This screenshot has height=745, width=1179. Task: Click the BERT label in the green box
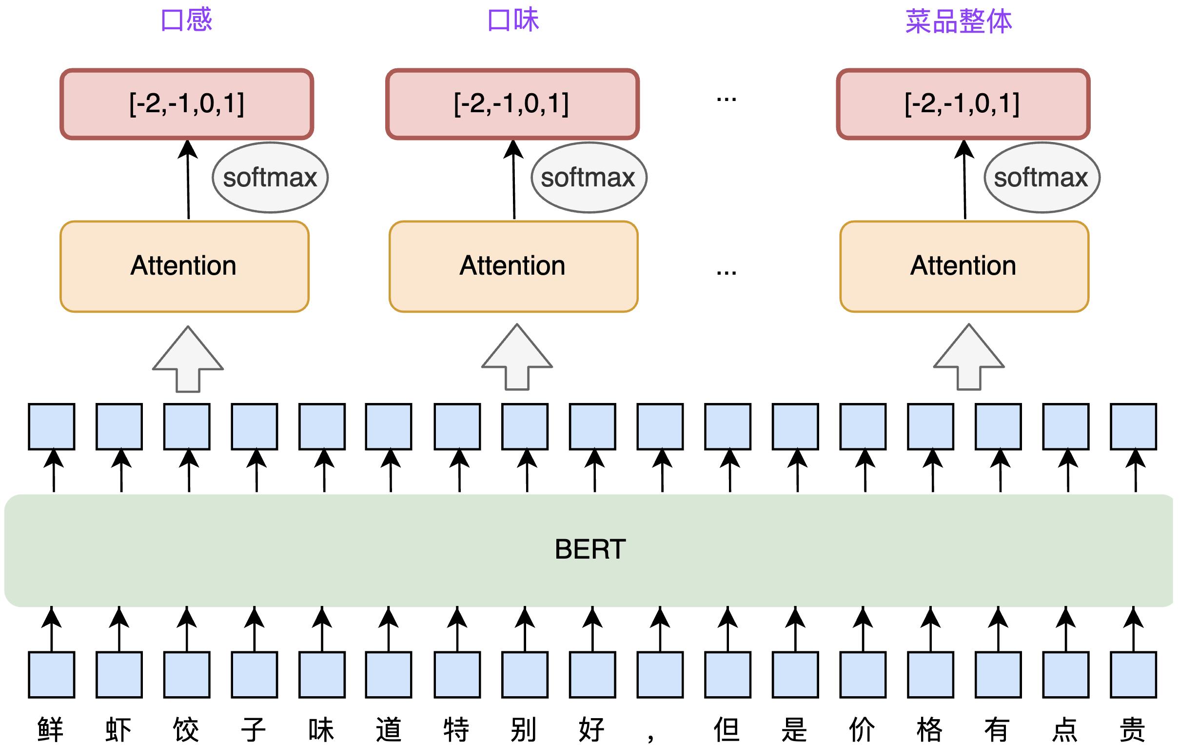pos(590,549)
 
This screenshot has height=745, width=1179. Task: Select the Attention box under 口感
pos(184,266)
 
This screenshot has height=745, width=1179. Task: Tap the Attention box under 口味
pos(513,266)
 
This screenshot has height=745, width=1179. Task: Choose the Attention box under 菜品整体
pos(963,266)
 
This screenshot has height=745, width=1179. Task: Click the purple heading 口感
pos(186,20)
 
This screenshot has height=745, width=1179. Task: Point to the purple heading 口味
pos(513,20)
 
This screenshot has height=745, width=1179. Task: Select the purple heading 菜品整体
pos(958,21)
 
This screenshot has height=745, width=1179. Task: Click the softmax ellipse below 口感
pos(270,177)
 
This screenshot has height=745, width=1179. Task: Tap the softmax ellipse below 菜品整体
pos(1041,177)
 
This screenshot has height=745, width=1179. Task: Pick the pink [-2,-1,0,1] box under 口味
pos(512,104)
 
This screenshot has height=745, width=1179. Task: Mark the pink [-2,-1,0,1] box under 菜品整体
pos(963,104)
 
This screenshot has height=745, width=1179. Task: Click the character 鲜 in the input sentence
pos(50,729)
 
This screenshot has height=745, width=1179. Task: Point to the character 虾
pos(118,729)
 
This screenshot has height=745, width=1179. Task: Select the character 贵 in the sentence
pos(1133,729)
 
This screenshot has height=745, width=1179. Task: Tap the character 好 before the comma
pos(591,729)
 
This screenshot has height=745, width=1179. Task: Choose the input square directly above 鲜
pos(51,674)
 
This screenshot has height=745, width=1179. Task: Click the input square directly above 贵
pos(1134,674)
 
